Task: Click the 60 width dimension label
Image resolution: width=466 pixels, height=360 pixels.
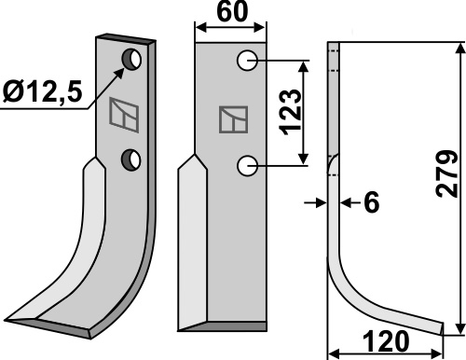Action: click(232, 12)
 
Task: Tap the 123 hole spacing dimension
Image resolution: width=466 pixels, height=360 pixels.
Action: click(291, 113)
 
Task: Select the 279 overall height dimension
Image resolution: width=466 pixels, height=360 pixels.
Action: click(446, 174)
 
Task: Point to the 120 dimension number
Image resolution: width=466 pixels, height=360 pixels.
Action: click(385, 341)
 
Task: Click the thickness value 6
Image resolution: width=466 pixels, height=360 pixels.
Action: click(372, 202)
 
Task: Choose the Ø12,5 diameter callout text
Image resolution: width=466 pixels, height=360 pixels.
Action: click(42, 91)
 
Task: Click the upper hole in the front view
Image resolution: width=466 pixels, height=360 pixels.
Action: click(247, 61)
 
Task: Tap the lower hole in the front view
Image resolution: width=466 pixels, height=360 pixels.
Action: click(247, 166)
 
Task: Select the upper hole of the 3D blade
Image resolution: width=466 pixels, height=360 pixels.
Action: click(132, 59)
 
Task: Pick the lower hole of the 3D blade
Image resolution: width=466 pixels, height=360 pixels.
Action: click(131, 159)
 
